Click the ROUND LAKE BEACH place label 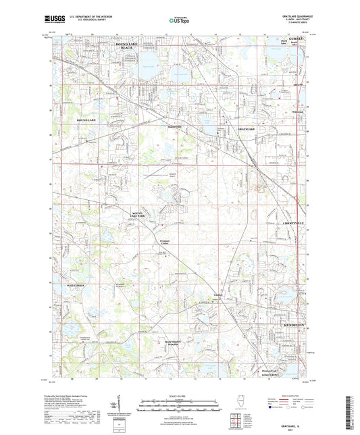tap(122, 46)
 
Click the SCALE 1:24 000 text tap(180, 394)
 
